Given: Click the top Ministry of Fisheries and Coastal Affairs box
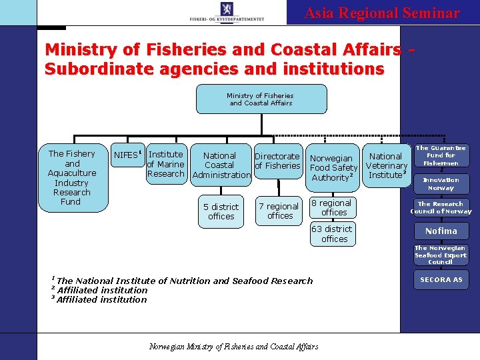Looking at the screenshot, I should click(x=261, y=99).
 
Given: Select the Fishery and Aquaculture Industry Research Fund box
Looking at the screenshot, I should click(x=72, y=177).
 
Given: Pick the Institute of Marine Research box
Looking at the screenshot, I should click(x=165, y=164).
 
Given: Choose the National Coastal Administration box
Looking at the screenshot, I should click(x=220, y=165).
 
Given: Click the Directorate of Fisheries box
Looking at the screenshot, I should click(x=277, y=161).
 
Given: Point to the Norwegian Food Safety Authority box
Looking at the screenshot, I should click(x=333, y=168).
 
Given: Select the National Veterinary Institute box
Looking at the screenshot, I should click(x=386, y=165).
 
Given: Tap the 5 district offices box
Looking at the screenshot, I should click(x=221, y=212).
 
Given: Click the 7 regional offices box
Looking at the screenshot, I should click(x=280, y=211).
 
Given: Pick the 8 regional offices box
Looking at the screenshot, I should click(x=333, y=208).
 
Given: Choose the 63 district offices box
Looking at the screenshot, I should click(x=333, y=234).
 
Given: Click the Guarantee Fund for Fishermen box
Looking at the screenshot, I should click(x=441, y=155).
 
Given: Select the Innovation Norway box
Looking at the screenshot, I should click(x=441, y=184).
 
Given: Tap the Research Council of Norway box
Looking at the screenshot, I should click(x=441, y=208).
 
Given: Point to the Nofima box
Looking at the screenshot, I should click(x=441, y=231).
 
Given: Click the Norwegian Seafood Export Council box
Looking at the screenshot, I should click(x=441, y=255).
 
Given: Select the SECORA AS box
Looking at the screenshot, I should click(x=441, y=280).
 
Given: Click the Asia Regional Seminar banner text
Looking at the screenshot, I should click(x=382, y=13).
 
